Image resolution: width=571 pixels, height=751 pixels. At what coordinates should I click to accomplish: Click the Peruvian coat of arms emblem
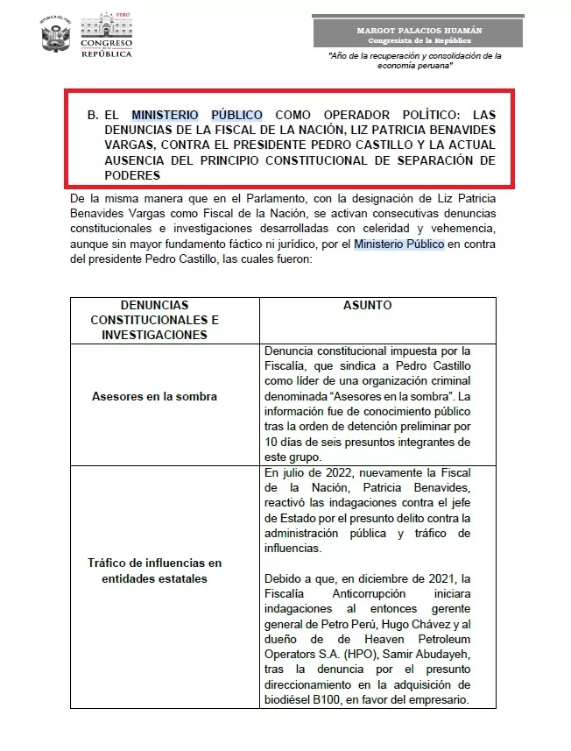[55, 36]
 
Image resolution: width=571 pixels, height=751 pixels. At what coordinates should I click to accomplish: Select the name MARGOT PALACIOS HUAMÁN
[419, 30]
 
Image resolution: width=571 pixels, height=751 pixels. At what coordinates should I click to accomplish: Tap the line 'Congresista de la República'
[419, 40]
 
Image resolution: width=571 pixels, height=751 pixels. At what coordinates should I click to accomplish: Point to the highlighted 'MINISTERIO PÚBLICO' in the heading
[196, 115]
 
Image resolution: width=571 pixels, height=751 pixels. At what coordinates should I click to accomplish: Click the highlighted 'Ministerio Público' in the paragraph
[399, 244]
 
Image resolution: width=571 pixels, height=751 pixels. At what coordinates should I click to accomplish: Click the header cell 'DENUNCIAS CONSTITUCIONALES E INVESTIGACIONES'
[155, 319]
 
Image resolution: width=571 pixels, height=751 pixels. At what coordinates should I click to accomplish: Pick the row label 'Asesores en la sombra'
[155, 396]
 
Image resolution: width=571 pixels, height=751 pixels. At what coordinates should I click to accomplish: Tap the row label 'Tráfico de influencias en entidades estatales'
[155, 570]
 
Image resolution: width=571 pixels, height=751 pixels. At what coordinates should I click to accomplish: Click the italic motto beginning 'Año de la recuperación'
[414, 60]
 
